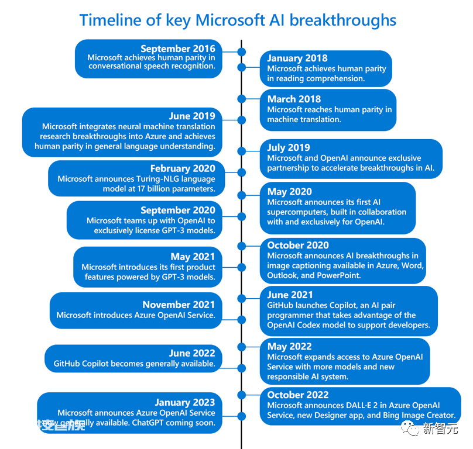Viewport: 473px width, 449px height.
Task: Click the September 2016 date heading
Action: (178, 49)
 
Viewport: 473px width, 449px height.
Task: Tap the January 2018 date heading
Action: (297, 58)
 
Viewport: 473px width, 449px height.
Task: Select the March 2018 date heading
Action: (294, 99)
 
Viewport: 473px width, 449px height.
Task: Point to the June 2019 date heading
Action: (192, 116)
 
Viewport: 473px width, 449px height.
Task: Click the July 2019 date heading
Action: (289, 148)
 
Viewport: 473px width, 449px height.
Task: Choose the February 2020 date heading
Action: (183, 168)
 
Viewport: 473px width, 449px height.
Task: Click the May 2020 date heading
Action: (289, 192)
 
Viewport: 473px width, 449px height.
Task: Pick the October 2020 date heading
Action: (298, 245)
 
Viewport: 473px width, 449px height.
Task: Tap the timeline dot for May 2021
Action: (242, 267)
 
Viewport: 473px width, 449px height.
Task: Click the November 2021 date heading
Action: (179, 305)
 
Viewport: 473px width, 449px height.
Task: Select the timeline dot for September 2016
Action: (242, 52)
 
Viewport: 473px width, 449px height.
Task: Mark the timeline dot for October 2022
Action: (242, 395)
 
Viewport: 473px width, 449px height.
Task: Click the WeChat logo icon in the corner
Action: (410, 428)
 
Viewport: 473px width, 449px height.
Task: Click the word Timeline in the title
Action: (111, 20)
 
